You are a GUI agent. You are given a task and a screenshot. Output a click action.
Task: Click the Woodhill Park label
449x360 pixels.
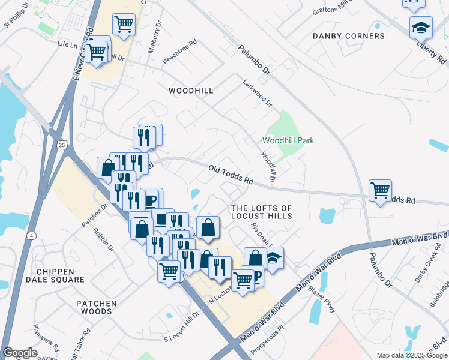[x=288, y=140]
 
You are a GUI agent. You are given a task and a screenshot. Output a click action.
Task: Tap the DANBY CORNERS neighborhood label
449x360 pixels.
[x=349, y=36]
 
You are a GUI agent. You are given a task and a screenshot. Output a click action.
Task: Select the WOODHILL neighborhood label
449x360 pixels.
[x=191, y=90]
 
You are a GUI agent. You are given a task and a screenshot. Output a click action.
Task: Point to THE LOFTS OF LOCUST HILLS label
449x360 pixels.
[x=262, y=211]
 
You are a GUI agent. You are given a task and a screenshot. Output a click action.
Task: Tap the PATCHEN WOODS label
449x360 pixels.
[x=97, y=308]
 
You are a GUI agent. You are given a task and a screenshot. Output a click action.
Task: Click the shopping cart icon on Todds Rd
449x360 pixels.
[x=380, y=191]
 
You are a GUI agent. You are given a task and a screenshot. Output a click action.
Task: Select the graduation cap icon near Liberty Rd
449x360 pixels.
[x=421, y=27]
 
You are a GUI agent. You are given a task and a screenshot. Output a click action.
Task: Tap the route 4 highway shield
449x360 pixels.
[x=29, y=218]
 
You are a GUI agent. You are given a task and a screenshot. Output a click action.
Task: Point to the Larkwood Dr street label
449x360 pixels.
[x=258, y=94]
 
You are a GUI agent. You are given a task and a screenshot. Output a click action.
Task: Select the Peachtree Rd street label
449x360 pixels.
[x=180, y=52]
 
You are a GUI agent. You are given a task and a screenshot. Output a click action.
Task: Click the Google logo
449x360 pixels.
[x=20, y=353]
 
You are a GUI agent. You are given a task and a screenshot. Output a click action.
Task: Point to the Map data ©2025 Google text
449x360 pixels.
[x=411, y=355]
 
